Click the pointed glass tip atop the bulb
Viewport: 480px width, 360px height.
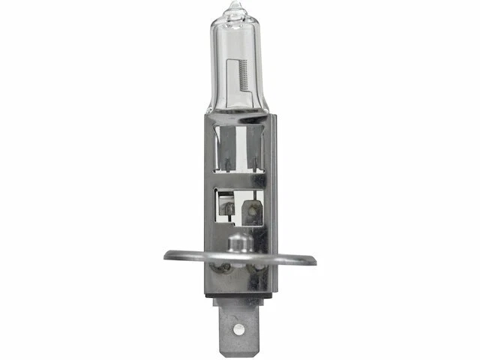coord(235,10)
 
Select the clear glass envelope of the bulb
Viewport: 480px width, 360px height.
coord(234,52)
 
